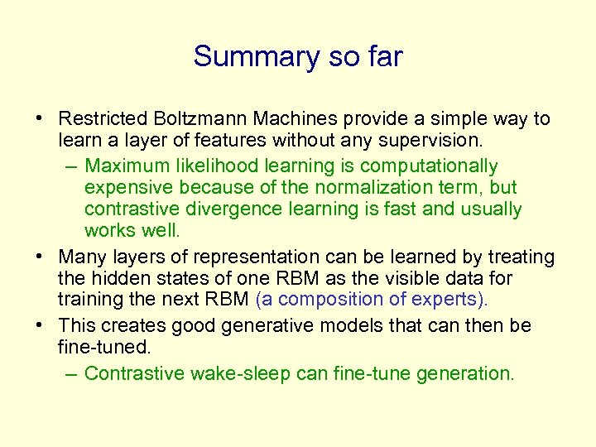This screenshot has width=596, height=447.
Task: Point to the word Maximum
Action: [127, 166]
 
